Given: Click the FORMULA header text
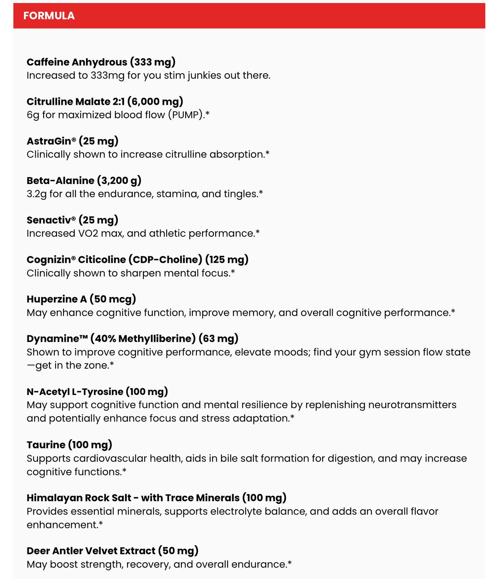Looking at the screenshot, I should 49,16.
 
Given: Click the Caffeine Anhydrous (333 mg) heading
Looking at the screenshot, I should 101,62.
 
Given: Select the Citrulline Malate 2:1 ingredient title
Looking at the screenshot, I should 105,101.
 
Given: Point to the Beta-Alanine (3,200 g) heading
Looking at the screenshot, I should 84,181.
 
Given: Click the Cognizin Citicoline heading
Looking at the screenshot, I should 137,260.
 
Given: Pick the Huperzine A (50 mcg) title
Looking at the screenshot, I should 81,299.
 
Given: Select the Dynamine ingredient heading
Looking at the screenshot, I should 132,338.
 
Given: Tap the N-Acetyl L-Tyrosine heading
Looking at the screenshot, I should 97,392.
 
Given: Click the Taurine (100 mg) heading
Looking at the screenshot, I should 70,445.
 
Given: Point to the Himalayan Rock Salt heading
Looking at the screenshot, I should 156,498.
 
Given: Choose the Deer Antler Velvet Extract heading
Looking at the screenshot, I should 112,551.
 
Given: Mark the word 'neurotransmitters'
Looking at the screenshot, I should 412,405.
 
